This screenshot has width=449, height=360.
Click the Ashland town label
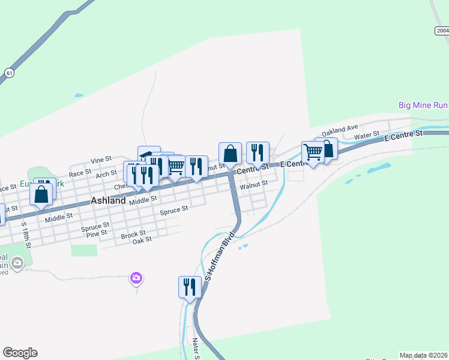(109, 201)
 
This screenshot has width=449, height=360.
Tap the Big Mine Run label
(423, 105)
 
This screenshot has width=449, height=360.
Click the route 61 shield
(8, 72)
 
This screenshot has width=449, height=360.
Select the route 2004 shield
(442, 31)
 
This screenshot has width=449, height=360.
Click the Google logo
(20, 353)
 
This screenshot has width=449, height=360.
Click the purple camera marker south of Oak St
(136, 277)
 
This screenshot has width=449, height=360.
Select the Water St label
(367, 136)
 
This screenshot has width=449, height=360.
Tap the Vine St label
(101, 160)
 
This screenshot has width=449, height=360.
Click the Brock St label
(133, 234)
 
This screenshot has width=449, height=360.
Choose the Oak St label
(142, 239)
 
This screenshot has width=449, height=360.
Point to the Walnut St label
(253, 187)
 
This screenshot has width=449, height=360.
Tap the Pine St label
(96, 232)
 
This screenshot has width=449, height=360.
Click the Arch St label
(106, 174)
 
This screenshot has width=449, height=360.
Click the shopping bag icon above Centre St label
(230, 153)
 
